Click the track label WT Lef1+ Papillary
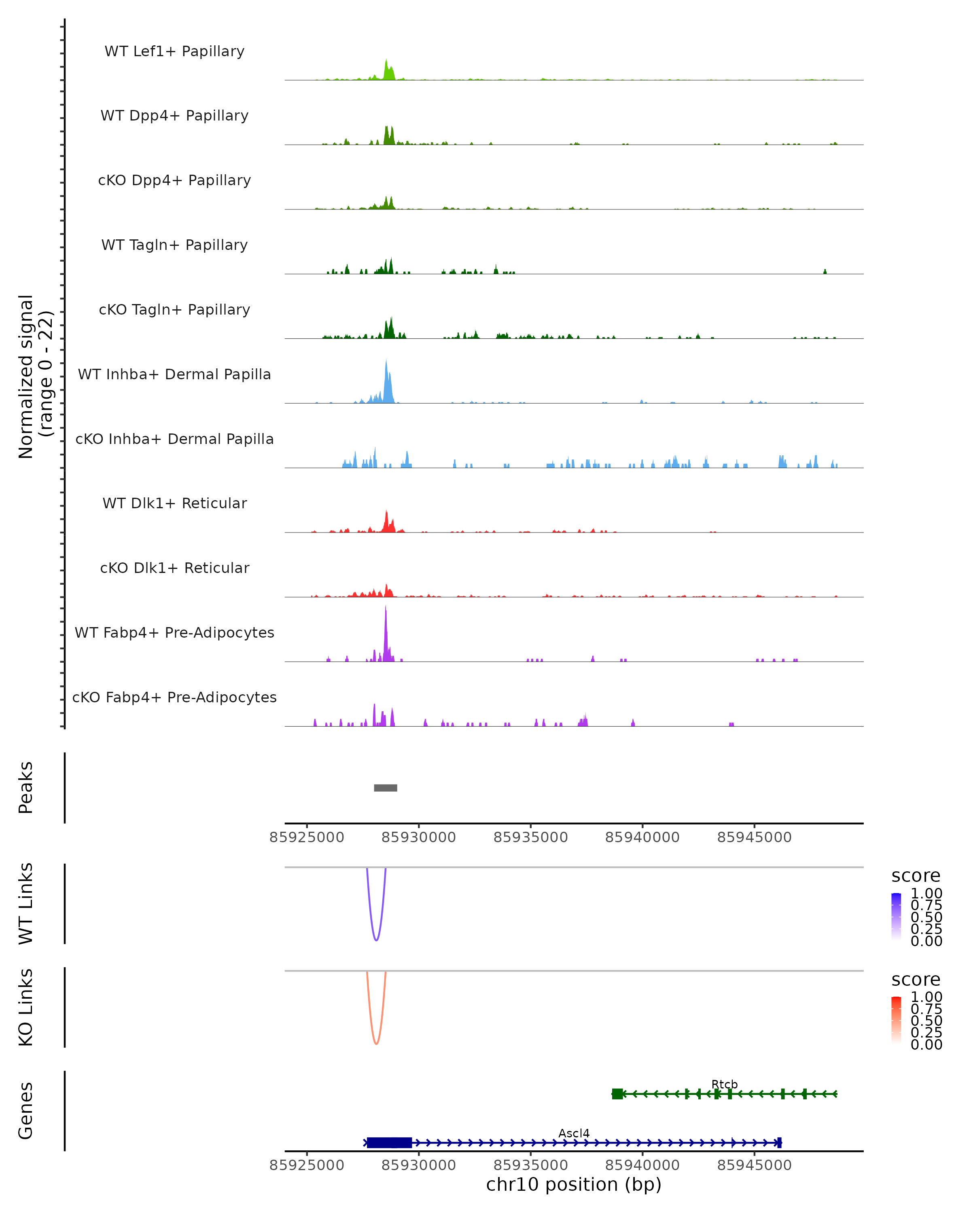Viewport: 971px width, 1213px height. [174, 51]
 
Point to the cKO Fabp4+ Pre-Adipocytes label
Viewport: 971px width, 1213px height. [174, 697]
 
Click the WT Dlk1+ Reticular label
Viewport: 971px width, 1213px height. [174, 503]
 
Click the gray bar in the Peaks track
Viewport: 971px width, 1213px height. [386, 788]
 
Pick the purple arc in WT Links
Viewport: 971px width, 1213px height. [376, 940]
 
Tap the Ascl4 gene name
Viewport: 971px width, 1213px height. [574, 1133]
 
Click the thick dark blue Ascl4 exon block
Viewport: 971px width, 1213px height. [389, 1143]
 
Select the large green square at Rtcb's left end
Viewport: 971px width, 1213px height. [617, 1094]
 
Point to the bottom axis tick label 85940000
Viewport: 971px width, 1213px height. [642, 1164]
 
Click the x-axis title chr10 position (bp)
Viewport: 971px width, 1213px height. [574, 1184]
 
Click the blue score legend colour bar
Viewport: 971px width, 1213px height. [896, 917]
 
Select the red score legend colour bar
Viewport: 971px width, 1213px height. [896, 1020]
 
